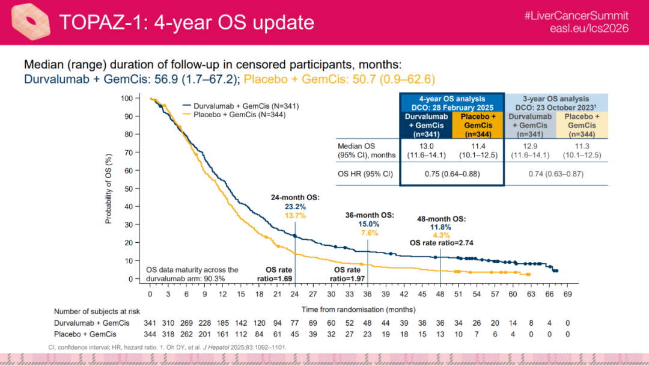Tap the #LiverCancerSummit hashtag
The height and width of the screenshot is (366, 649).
(575, 16)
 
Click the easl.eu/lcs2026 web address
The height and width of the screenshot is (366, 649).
(590, 29)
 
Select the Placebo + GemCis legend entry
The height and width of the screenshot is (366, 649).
(237, 114)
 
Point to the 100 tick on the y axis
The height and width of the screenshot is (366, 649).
(126, 98)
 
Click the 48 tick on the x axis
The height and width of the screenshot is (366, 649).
(440, 294)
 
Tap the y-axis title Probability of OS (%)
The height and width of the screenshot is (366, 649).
(109, 188)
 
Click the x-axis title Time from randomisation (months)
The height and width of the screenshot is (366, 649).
(358, 310)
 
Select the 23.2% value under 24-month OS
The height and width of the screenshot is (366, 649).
(295, 206)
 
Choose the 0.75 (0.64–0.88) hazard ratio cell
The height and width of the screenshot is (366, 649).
(451, 174)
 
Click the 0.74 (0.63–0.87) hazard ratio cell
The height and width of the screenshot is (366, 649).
(556, 174)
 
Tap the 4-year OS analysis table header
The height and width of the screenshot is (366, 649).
(452, 102)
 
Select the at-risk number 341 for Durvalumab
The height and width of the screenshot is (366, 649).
(150, 322)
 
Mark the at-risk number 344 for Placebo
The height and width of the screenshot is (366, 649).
(150, 334)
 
